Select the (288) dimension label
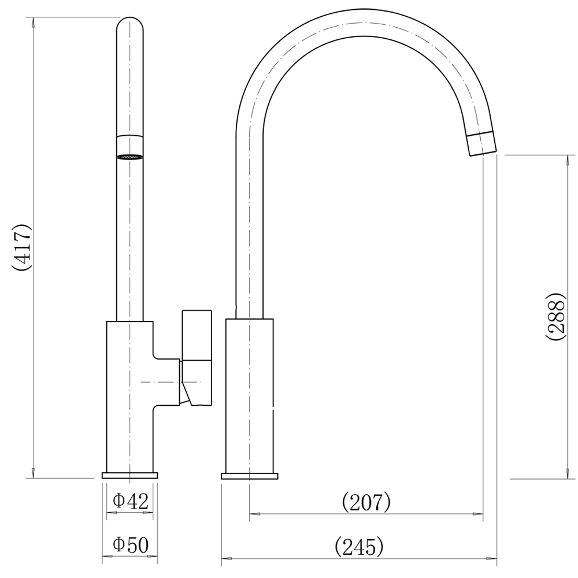pos(555,317)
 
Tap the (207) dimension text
pos(366,502)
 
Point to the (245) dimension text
pos(359,546)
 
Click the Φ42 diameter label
pos(131,501)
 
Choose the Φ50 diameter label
pos(131,545)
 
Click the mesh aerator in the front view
pos(129,157)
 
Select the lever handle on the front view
pos(197,358)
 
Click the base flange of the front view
pos(129,476)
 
